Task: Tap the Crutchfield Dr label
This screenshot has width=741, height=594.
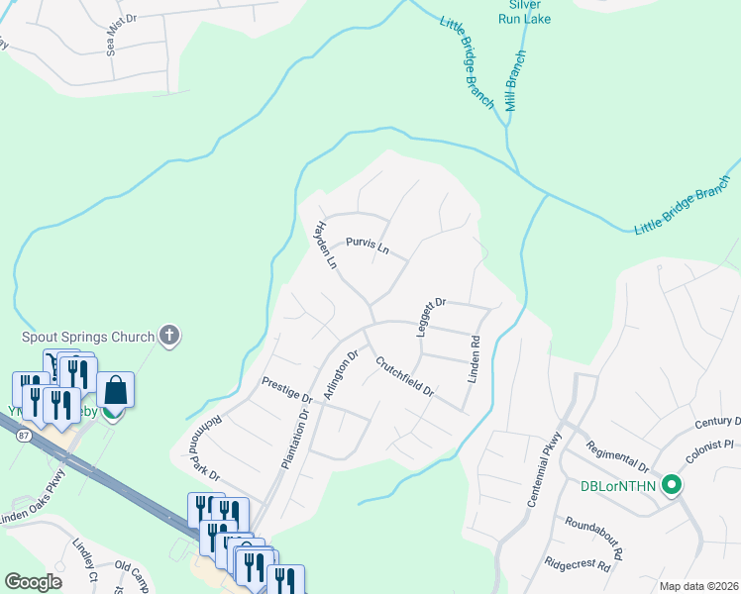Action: (x=405, y=375)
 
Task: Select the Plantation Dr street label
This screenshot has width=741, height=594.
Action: (x=295, y=436)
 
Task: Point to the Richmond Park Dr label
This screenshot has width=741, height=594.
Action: (x=199, y=446)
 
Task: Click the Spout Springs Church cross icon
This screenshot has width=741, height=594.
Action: (x=169, y=336)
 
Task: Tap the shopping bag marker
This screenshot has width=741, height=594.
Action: (x=116, y=390)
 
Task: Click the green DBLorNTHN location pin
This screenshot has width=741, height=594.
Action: (x=672, y=485)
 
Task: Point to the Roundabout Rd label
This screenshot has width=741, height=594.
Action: (x=592, y=535)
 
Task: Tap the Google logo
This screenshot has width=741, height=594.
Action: (x=33, y=582)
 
